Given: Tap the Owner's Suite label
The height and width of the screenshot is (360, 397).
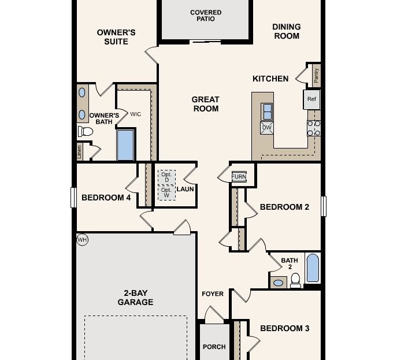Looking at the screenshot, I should (x=116, y=37).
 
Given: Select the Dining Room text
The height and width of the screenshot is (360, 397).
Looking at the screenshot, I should (x=286, y=31).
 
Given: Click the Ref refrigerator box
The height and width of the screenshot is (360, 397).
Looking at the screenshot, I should (x=312, y=99).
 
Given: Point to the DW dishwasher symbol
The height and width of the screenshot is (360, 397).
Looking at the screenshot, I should (x=267, y=128).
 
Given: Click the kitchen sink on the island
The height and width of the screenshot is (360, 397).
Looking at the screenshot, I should (x=268, y=110).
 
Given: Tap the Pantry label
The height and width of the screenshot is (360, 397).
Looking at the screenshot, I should (x=316, y=75).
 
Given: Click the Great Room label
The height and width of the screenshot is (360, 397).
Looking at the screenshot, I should (x=206, y=104).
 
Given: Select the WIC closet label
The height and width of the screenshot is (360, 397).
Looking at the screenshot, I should (x=136, y=114).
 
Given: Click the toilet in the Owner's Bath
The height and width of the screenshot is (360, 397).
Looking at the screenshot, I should (x=86, y=132).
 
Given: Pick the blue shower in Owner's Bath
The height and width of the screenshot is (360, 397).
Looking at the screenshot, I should (x=125, y=145).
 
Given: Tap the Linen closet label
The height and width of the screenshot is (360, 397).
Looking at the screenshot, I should (x=79, y=152).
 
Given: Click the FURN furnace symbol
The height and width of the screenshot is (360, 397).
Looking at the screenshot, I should (x=239, y=177).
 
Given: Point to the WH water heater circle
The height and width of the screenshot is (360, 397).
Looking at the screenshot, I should (x=82, y=239).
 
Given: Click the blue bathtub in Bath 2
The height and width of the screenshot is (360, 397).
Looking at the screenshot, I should (x=313, y=268).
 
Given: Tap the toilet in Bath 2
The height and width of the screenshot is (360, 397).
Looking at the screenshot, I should (x=295, y=280).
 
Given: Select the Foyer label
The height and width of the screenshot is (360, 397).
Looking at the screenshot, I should (x=212, y=294).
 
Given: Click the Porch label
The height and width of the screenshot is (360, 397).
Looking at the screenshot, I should (x=214, y=347).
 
